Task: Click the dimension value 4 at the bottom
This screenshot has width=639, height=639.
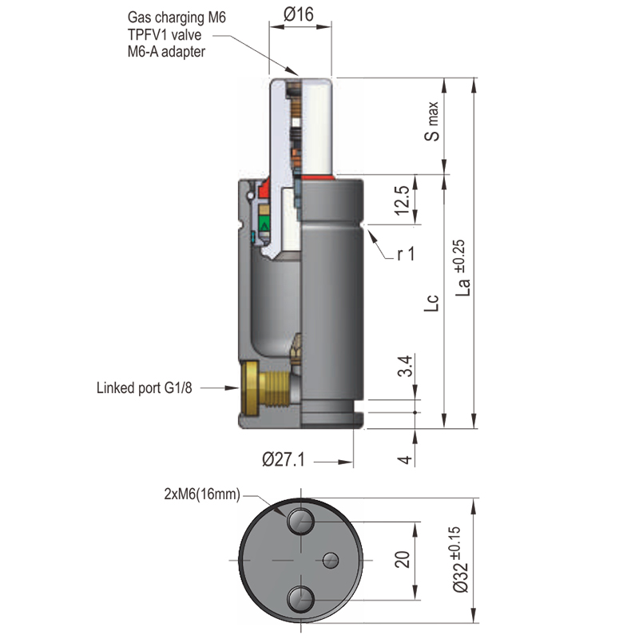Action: (404, 459)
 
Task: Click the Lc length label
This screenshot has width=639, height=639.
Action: (432, 302)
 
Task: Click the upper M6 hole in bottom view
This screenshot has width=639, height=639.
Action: (300, 522)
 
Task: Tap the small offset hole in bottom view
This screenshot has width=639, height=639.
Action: (331, 558)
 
